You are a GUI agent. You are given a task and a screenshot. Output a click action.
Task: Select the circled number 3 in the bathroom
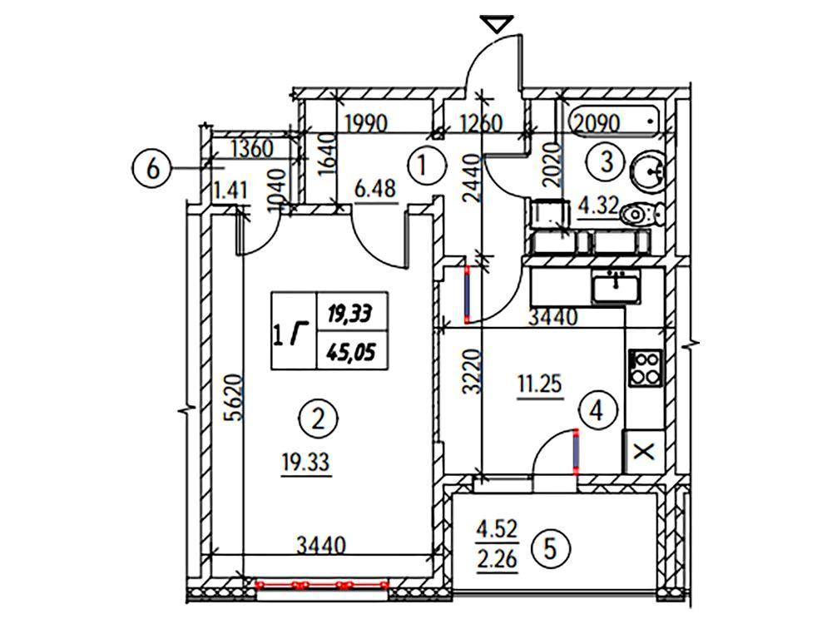pyautogui.click(x=607, y=161)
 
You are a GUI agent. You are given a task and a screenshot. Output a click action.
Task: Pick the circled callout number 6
pyautogui.click(x=153, y=169)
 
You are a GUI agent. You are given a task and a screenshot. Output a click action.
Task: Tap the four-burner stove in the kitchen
pyautogui.click(x=645, y=367)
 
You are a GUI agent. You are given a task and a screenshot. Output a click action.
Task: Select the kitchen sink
pyautogui.click(x=616, y=288)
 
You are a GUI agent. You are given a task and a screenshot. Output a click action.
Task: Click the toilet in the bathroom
pyautogui.click(x=641, y=214)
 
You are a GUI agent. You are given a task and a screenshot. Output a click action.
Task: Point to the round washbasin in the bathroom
pyautogui.click(x=646, y=171)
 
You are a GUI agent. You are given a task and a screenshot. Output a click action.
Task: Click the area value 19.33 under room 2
pyautogui.click(x=305, y=458)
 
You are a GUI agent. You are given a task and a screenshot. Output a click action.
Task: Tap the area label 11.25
pyautogui.click(x=542, y=384)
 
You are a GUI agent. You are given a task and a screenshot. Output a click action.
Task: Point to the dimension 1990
pyautogui.click(x=366, y=124)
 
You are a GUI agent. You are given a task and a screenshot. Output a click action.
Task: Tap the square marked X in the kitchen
pyautogui.click(x=644, y=452)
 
